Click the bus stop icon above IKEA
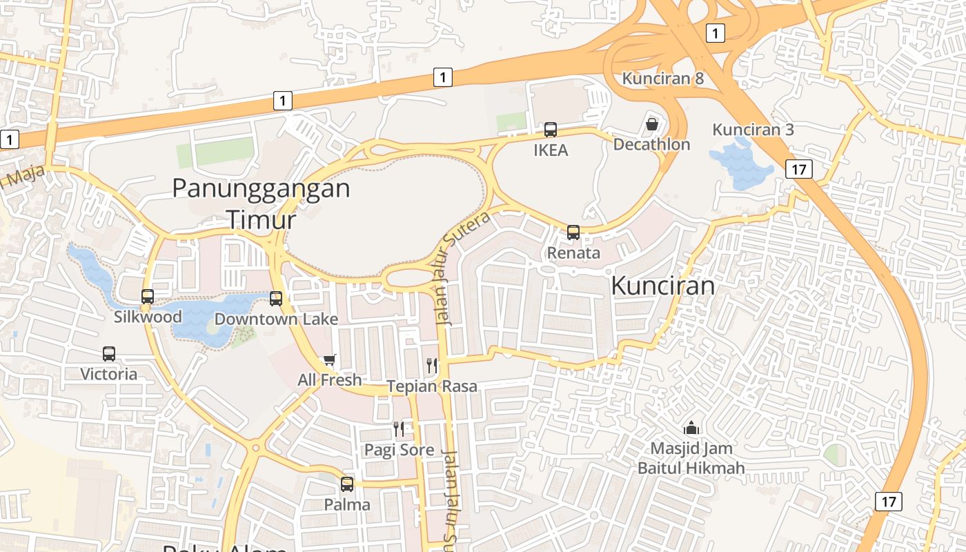(x=551, y=129)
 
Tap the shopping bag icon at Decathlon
(x=652, y=124)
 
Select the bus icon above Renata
(x=573, y=233)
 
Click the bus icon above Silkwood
(x=148, y=297)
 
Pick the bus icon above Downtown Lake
(x=276, y=299)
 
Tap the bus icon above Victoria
(x=109, y=354)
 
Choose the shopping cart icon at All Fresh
(x=330, y=360)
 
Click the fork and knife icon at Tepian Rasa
(x=432, y=366)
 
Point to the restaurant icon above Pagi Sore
(x=399, y=429)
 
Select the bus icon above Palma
(x=347, y=484)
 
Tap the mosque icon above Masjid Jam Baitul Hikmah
(x=691, y=428)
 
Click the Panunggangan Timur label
(x=261, y=203)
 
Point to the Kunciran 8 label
(x=662, y=78)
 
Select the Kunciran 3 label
(x=753, y=130)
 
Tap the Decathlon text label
(x=651, y=144)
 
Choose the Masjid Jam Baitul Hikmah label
(x=691, y=459)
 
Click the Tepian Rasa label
(x=432, y=386)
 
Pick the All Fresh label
(x=329, y=379)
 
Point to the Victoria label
(x=109, y=374)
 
